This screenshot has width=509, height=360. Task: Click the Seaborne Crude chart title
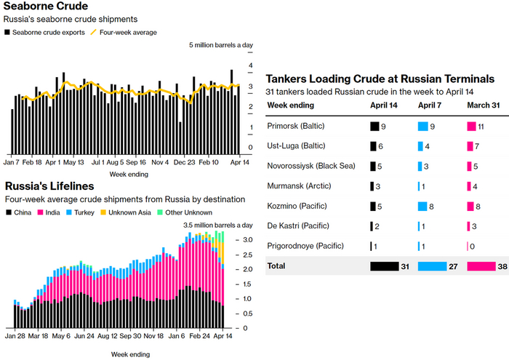(46, 7)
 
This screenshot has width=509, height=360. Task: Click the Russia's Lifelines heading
(49, 186)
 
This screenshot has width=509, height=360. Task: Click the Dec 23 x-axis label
(185, 163)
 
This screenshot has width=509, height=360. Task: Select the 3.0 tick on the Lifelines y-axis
(248, 239)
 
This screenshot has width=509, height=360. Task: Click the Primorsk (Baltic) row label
(296, 127)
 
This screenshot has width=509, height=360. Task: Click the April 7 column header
(430, 105)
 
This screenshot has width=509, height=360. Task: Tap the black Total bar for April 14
(384, 267)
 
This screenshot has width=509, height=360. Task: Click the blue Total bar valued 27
(433, 267)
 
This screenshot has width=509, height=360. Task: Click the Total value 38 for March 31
(502, 267)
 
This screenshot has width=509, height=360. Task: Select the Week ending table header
(291, 105)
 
